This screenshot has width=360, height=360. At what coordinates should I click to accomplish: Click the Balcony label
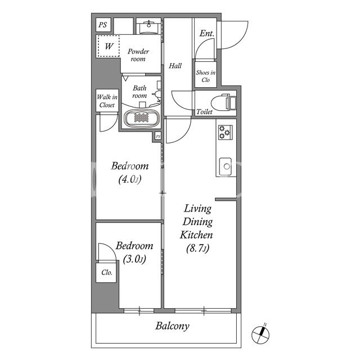point(172,326)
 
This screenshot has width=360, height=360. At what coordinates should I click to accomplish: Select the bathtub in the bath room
point(141,118)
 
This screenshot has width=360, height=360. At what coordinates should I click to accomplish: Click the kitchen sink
point(225,166)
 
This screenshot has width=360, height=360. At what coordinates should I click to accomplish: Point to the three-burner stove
point(225,132)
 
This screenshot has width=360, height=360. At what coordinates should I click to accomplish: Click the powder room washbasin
point(148,26)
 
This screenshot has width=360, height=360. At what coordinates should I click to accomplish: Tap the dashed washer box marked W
point(109,46)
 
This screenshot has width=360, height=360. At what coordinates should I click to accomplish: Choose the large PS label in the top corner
point(103,25)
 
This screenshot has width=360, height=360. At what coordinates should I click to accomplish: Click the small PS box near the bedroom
point(158,137)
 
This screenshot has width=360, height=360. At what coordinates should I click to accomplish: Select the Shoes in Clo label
point(205,76)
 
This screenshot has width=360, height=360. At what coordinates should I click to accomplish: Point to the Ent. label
point(206,34)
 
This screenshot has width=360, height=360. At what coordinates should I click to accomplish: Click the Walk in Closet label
point(107,101)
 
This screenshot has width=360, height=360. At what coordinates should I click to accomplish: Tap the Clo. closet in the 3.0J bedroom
point(106,272)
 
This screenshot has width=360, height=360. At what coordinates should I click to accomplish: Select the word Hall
point(175,66)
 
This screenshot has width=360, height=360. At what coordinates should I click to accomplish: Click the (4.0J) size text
point(130,179)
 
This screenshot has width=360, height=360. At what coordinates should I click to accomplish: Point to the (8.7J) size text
point(197,248)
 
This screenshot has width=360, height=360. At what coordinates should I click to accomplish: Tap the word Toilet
point(204,112)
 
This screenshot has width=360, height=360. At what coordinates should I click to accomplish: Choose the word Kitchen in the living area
point(196,235)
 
